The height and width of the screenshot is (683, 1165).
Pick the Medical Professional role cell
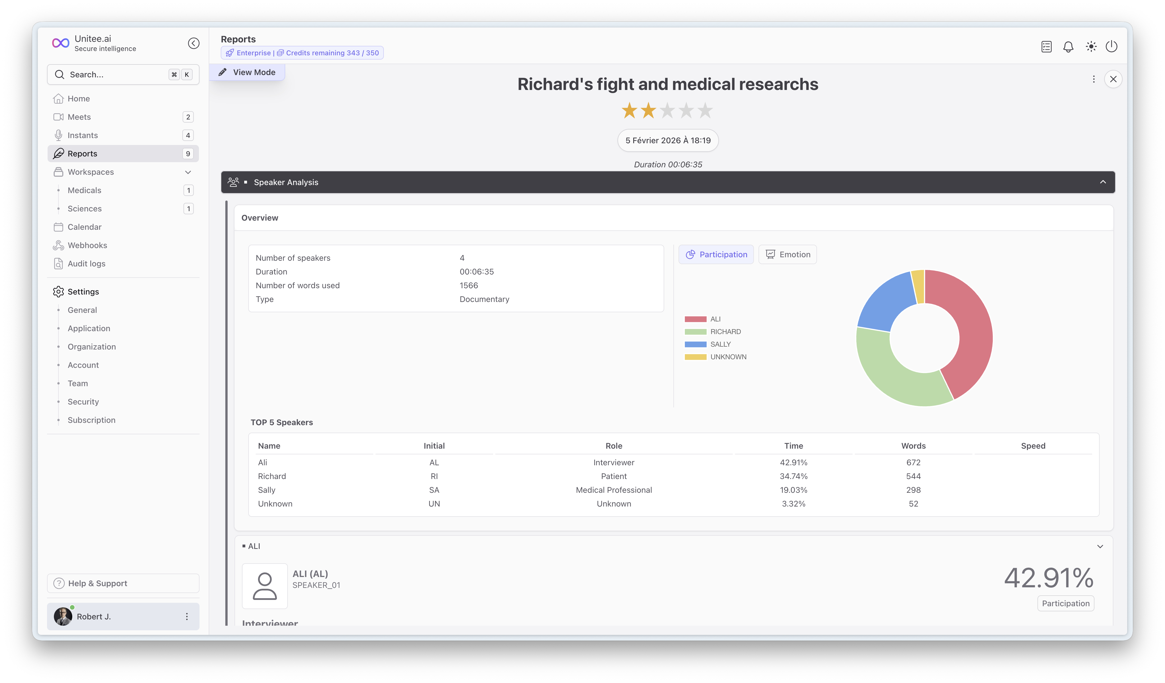tap(613, 490)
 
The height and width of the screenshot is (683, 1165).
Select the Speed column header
tap(1033, 446)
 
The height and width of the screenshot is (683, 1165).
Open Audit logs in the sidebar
tap(87, 264)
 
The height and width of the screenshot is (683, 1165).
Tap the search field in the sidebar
tap(123, 74)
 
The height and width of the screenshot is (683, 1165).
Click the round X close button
tap(1113, 79)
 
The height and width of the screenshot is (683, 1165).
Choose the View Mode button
tap(247, 72)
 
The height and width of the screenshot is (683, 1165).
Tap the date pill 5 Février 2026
tap(668, 140)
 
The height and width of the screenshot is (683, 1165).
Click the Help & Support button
tap(123, 583)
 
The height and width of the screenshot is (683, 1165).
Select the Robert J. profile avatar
tap(63, 617)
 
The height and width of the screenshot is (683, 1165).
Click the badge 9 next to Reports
tap(188, 154)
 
